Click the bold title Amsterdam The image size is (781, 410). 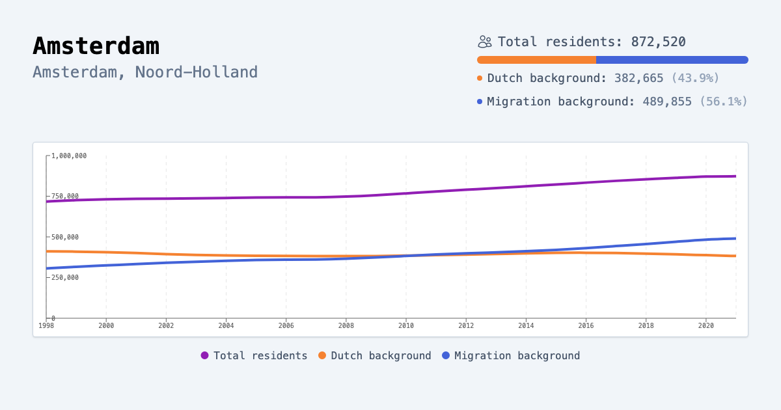[x=96, y=46]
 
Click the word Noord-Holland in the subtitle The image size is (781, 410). [x=196, y=72]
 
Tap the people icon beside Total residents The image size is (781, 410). [x=484, y=42]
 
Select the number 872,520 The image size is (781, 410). [x=658, y=42]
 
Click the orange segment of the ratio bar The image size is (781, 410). [x=536, y=60]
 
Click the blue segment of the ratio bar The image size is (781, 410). [x=672, y=60]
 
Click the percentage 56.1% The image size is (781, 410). [x=723, y=102]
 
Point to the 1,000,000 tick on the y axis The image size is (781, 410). [x=69, y=156]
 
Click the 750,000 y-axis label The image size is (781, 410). [x=65, y=197]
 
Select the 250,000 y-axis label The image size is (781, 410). [x=65, y=277]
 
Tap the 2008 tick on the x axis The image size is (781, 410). [x=346, y=325]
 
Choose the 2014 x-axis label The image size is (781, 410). [x=526, y=325]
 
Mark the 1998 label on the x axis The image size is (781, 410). [x=46, y=325]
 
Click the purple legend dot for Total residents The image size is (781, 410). [x=205, y=356]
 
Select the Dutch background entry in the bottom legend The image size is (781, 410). [x=380, y=356]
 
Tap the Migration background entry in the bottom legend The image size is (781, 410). [x=516, y=356]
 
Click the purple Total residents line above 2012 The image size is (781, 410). [x=466, y=190]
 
